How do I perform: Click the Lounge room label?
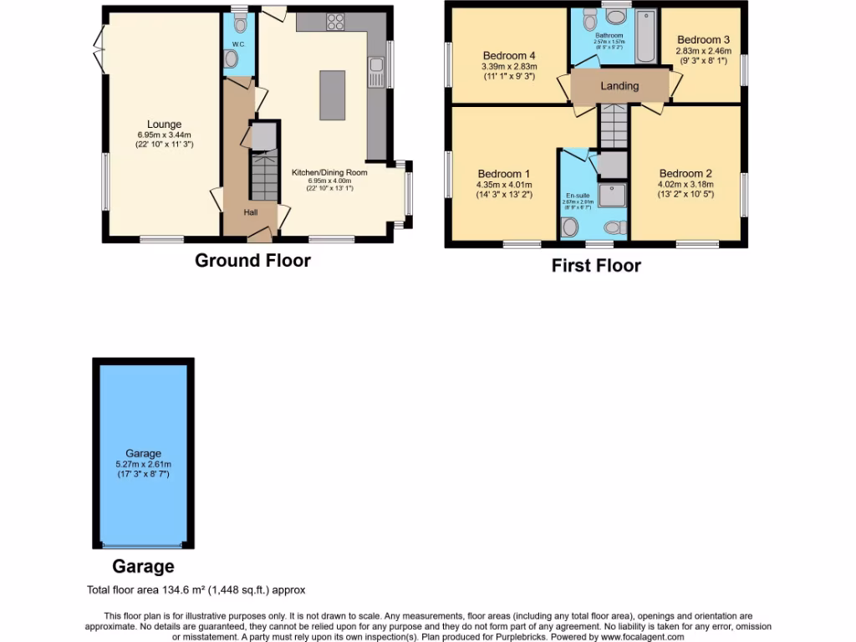[165, 125]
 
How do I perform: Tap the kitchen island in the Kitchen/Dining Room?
[332, 96]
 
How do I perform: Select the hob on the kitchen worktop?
[335, 22]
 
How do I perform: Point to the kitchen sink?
[377, 64]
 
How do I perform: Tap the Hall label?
[251, 213]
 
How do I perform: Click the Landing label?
[619, 85]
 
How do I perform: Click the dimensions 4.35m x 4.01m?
[504, 186]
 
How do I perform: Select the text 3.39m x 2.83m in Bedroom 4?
[509, 67]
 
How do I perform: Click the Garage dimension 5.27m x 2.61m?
[143, 464]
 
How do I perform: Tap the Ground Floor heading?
[252, 260]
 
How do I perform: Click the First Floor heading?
[596, 266]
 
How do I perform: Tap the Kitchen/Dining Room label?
[329, 172]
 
